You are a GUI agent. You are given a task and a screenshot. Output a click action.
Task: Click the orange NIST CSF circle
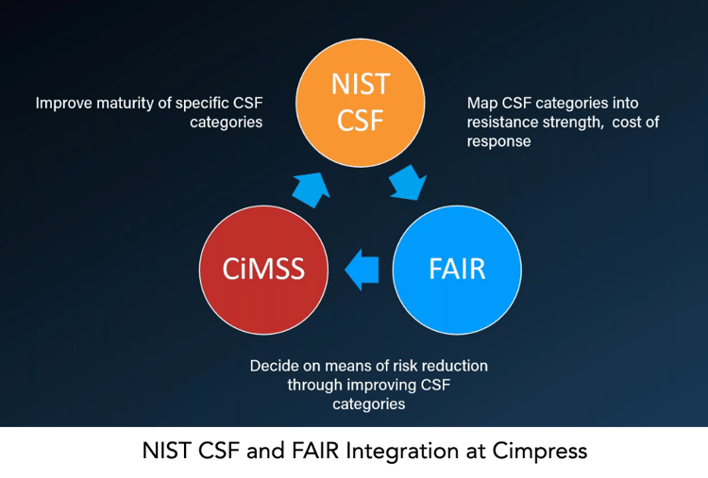pyautogui.click(x=361, y=103)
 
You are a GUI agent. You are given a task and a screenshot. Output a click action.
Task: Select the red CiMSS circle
pyautogui.click(x=263, y=270)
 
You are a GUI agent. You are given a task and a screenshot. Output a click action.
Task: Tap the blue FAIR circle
pyautogui.click(x=457, y=270)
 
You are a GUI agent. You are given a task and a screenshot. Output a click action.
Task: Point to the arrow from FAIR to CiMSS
pyautogui.click(x=362, y=270)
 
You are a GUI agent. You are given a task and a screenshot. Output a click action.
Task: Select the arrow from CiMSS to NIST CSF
pyautogui.click(x=312, y=190)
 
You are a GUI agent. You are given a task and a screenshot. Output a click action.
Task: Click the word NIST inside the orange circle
pyautogui.click(x=361, y=84)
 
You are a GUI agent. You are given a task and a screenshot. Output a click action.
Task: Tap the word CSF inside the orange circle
pyautogui.click(x=361, y=121)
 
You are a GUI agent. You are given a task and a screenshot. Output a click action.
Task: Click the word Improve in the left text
pyautogui.click(x=63, y=104)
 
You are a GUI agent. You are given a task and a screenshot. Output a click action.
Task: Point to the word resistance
pyautogui.click(x=502, y=122)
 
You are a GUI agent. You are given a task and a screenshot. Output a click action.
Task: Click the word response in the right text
pyautogui.click(x=499, y=141)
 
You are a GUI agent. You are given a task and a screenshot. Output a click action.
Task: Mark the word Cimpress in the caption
pyautogui.click(x=540, y=451)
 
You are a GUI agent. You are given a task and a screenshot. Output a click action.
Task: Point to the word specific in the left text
pyautogui.click(x=202, y=104)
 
